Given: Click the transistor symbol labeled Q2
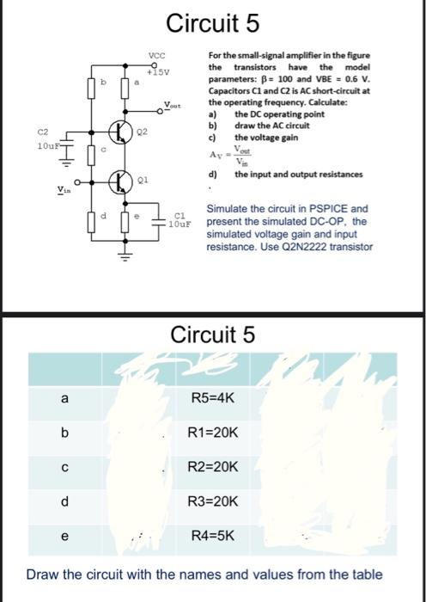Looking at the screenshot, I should click(x=119, y=135).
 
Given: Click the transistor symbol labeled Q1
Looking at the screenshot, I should click(x=119, y=182).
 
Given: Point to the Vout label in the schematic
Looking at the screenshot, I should click(x=173, y=107).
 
